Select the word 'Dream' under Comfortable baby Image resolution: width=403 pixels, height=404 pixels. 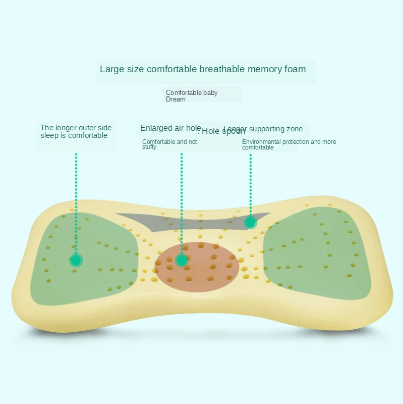pyautogui.click(x=176, y=99)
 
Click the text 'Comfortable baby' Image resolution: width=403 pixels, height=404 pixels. pyautogui.click(x=192, y=93)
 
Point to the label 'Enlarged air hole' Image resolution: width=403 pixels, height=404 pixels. pyautogui.click(x=170, y=128)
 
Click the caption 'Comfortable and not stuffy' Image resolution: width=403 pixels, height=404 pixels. pyautogui.click(x=169, y=144)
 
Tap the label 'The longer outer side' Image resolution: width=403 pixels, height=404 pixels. pyautogui.click(x=76, y=128)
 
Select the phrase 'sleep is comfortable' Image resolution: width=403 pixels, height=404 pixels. pyautogui.click(x=74, y=135)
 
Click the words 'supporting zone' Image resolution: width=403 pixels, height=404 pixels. pyautogui.click(x=277, y=129)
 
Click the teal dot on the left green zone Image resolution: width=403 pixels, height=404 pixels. pyautogui.click(x=76, y=260)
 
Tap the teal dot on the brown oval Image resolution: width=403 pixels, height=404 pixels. pyautogui.click(x=182, y=260)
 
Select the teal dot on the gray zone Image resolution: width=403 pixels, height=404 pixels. pyautogui.click(x=250, y=222)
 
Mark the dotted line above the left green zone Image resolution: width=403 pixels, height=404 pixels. pyautogui.click(x=76, y=202)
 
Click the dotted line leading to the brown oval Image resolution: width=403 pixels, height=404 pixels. pyautogui.click(x=182, y=202)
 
